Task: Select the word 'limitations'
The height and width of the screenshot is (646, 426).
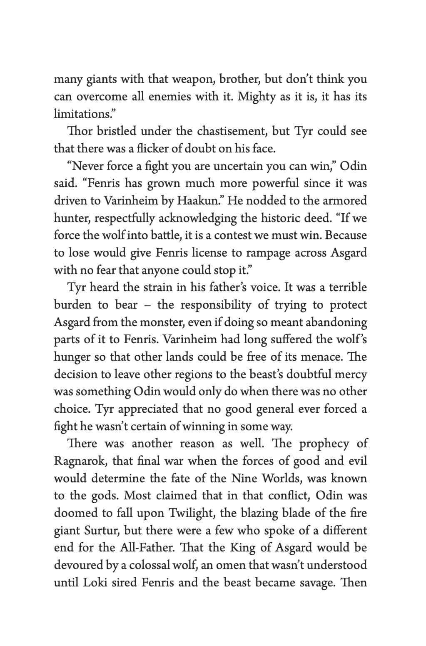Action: point(82,114)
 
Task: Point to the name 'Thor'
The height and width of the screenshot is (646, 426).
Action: point(80,131)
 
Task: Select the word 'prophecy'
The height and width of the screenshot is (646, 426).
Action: point(324,444)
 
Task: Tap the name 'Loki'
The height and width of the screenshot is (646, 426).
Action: point(95,582)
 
